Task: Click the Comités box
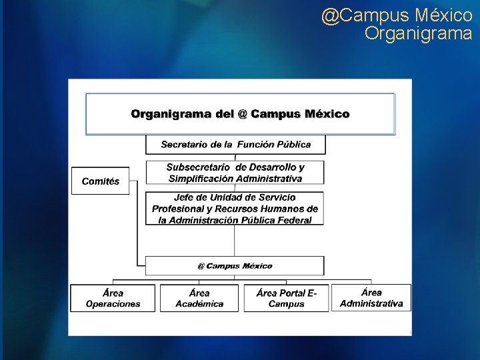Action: [x=101, y=181]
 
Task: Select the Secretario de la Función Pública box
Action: [x=236, y=144]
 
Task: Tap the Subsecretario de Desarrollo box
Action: [x=235, y=173]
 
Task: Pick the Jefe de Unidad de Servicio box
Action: [x=235, y=209]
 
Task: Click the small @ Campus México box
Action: [x=235, y=266]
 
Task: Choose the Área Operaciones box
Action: [x=113, y=298]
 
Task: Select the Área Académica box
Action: [x=199, y=298]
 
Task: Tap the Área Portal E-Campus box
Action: [x=286, y=298]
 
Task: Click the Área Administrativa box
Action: [x=371, y=297]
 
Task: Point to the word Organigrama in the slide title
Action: [x=418, y=33]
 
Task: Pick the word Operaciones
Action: [x=113, y=304]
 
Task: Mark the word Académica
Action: [x=199, y=304]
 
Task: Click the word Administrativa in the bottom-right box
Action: [x=371, y=303]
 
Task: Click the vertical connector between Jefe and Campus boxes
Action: [x=235, y=241]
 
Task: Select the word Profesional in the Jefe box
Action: [x=177, y=209]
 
